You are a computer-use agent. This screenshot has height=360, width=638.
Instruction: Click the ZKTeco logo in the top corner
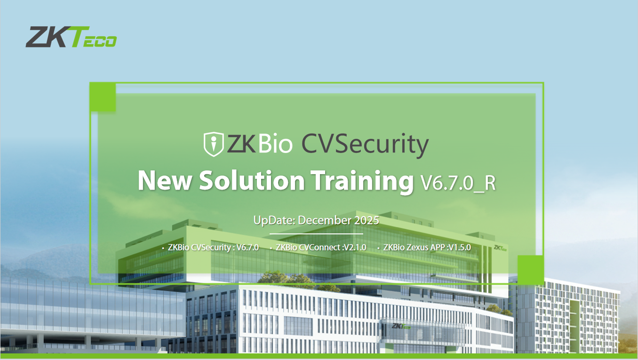[71, 37]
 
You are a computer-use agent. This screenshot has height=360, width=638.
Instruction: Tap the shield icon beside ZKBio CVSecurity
[213, 144]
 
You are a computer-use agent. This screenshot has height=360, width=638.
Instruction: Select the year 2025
[367, 220]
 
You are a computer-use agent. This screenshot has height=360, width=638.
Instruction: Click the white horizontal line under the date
[316, 233]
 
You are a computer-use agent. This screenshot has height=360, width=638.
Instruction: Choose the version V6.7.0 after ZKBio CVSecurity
[247, 247]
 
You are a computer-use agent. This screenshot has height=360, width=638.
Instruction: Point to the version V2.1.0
[355, 247]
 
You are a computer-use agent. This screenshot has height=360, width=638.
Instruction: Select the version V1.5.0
[460, 247]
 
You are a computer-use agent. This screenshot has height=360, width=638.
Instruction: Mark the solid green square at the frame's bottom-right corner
[530, 270]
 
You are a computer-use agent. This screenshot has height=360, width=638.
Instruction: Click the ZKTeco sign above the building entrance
[399, 325]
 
